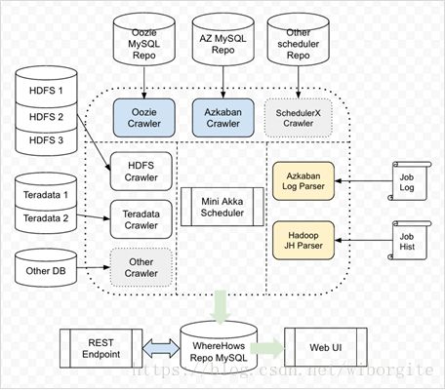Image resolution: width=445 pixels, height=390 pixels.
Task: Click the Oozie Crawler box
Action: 144,118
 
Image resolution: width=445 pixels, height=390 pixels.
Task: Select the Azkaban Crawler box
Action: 223,118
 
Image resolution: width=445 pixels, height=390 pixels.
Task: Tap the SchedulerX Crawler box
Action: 299,118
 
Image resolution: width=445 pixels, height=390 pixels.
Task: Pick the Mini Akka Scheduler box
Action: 222,207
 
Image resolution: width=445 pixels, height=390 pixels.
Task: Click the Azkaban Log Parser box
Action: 303,181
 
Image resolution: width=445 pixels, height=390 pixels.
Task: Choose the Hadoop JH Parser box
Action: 303,241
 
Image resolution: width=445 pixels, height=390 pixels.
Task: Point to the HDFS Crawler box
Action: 142,172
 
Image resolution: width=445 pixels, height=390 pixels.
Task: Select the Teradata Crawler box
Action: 142,219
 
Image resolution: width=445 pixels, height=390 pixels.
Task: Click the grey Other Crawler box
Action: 142,267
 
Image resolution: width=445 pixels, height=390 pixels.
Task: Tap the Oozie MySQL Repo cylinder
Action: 144,40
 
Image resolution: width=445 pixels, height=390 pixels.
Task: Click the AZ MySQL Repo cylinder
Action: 223,40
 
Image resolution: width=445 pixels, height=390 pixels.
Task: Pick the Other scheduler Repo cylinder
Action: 299,40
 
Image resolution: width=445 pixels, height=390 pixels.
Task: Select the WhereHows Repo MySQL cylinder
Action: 219,347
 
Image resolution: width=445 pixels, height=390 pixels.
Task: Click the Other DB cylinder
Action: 46,268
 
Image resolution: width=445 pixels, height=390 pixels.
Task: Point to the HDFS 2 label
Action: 46,117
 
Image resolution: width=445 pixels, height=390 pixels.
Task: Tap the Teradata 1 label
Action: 46,195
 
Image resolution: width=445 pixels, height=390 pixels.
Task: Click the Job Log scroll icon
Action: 410,181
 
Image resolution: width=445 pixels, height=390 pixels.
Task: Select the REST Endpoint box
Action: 101,348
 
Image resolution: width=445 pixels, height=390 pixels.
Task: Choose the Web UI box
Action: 326,347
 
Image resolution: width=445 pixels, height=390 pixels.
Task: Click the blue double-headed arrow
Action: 161,348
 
